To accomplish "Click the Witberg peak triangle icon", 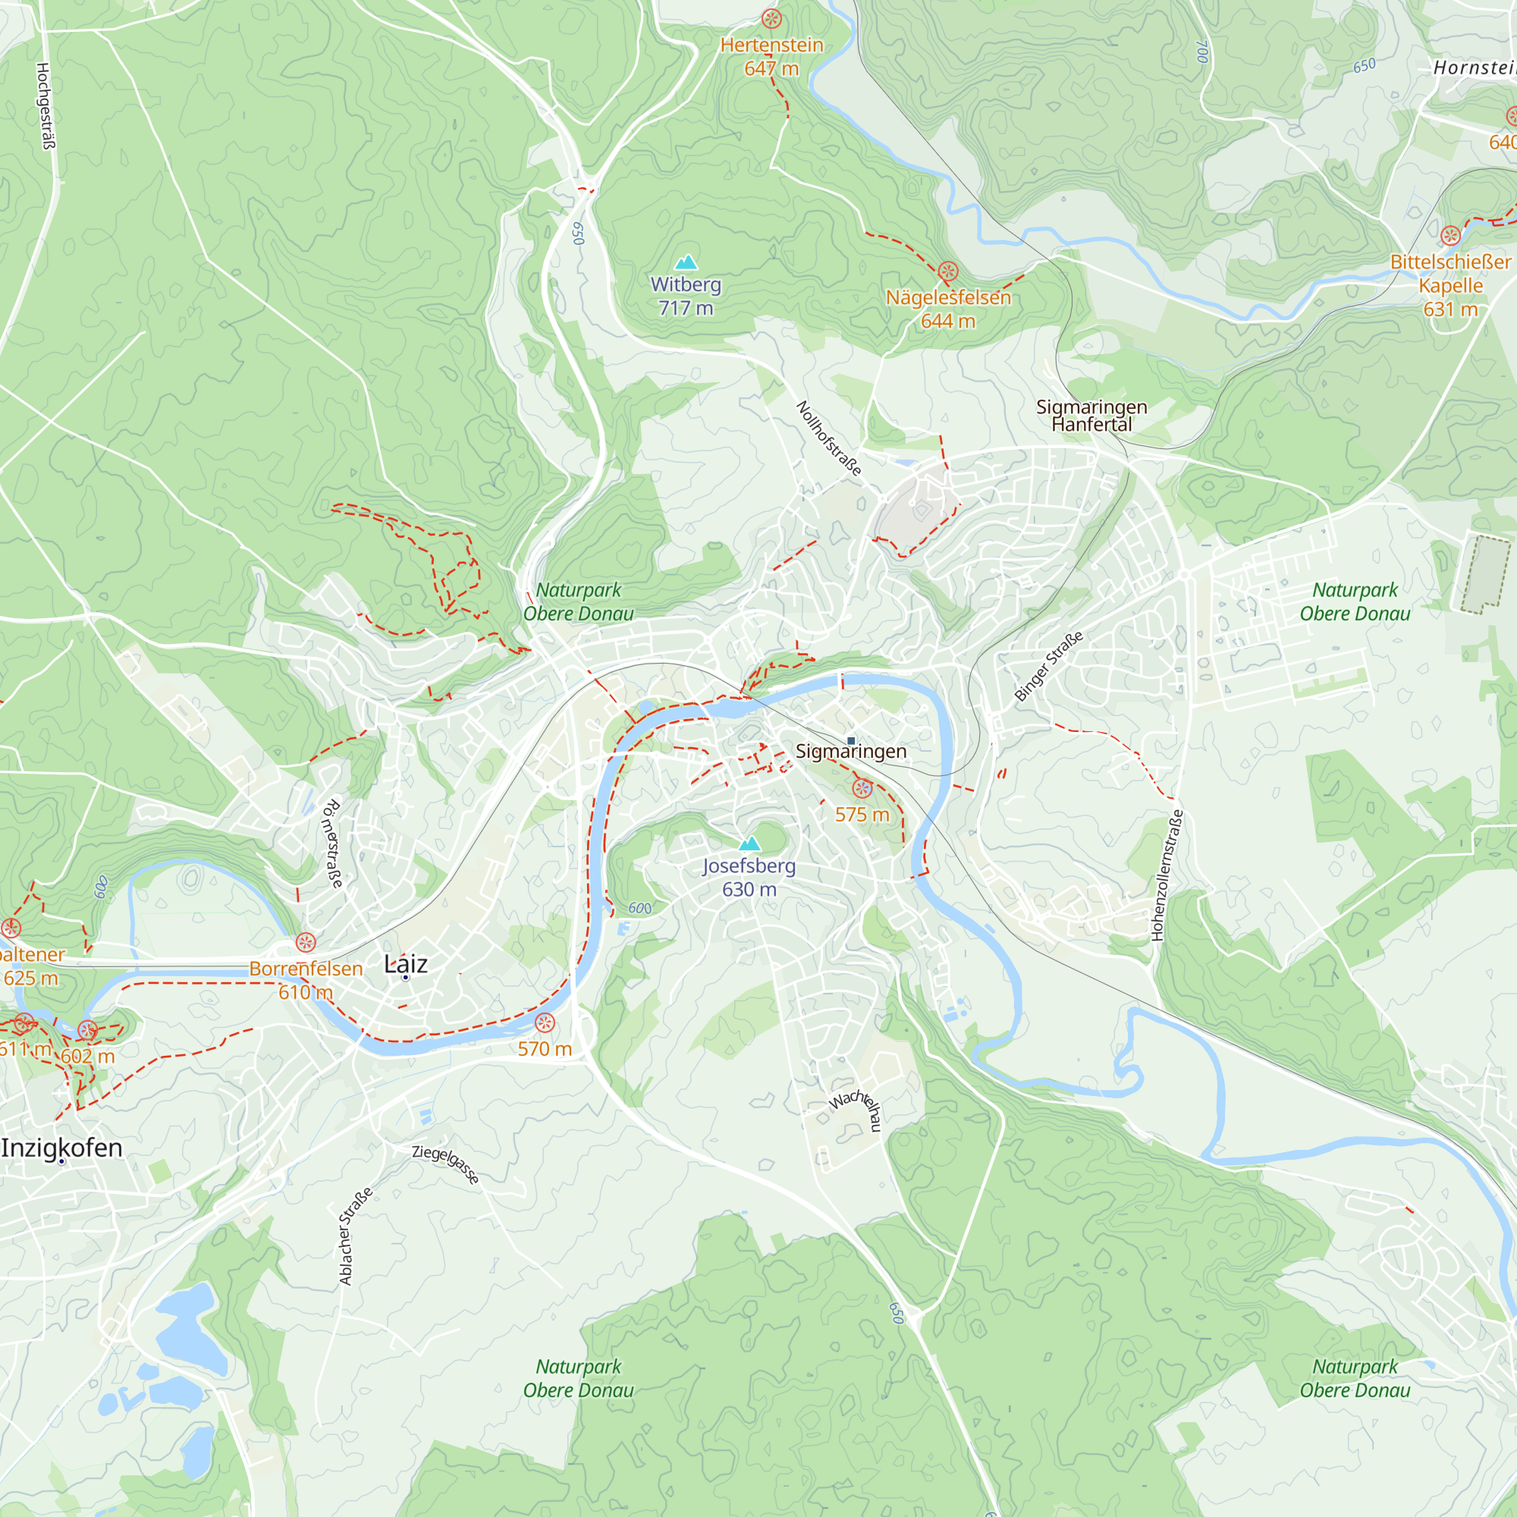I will [x=686, y=262].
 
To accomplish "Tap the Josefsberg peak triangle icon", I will [x=750, y=844].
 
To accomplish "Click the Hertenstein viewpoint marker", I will [x=772, y=19].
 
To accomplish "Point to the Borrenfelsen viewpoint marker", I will [x=306, y=942].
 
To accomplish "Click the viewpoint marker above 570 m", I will [x=545, y=1023].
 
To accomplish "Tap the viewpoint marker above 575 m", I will [x=862, y=788].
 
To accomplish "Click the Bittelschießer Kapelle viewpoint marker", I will [x=1450, y=235].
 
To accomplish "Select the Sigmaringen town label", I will [x=851, y=752].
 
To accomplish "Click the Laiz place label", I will [x=406, y=964].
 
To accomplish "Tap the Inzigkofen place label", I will [x=62, y=1148].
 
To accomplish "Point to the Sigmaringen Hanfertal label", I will [x=1091, y=416].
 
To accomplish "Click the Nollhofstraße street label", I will [x=829, y=438].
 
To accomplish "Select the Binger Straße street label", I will [x=1048, y=666].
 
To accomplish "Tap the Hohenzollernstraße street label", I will [x=1167, y=875].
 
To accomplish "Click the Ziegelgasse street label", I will [x=445, y=1164].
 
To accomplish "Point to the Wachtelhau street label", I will [x=857, y=1107].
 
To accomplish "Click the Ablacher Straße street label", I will [x=355, y=1236].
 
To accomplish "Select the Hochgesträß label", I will [x=46, y=106].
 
